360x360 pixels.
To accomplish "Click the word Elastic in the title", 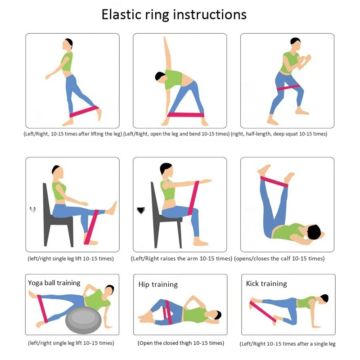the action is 121,14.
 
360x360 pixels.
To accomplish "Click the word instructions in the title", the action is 210,15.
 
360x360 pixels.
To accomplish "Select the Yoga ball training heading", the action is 54,283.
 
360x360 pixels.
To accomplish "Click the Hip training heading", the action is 158,284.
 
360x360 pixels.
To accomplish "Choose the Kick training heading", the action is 266,284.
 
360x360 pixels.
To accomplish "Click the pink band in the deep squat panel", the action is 288,87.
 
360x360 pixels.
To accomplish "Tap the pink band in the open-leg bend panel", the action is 185,115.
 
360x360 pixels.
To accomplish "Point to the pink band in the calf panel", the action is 274,181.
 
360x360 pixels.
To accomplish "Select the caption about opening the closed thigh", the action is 181,343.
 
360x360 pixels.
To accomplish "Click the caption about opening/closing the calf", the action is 279,258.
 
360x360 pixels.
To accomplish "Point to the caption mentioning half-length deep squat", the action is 279,134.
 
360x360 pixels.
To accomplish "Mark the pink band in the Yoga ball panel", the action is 42,309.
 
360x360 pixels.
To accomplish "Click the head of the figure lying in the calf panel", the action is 314,232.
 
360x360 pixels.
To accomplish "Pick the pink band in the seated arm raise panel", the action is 193,198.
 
